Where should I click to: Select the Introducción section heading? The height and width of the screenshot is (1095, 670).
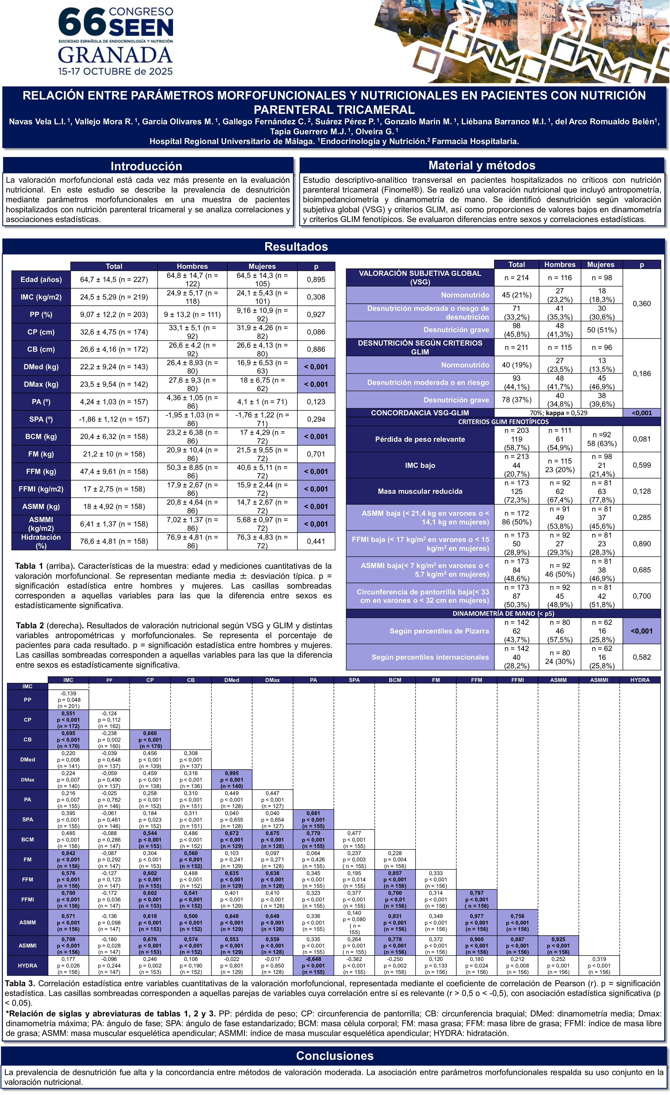click(146, 166)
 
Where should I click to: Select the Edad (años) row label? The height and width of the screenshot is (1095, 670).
click(41, 279)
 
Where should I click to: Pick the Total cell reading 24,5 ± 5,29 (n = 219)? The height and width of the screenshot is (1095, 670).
click(114, 297)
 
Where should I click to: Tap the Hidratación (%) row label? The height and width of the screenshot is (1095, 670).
click(41, 541)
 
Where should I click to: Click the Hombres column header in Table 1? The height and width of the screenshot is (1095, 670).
click(192, 266)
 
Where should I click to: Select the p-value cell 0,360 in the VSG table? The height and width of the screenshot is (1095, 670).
click(642, 304)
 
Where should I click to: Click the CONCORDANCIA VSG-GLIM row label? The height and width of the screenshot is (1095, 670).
click(420, 413)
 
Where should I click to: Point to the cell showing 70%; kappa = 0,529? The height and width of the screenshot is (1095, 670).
click(558, 413)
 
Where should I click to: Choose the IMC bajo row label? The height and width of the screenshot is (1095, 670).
click(420, 465)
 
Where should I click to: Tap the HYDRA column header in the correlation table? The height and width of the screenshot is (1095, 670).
click(640, 680)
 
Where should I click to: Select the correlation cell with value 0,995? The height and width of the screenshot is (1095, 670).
click(232, 780)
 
